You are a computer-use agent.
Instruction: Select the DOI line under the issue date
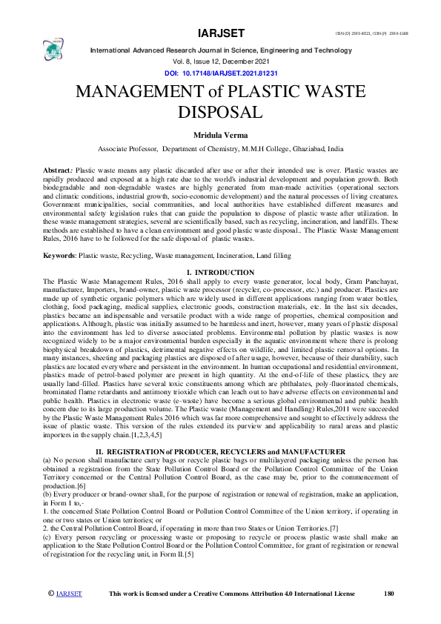click(220, 75)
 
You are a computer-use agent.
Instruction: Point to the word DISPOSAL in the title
click(220, 113)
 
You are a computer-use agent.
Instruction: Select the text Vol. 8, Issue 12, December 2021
click(220, 64)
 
